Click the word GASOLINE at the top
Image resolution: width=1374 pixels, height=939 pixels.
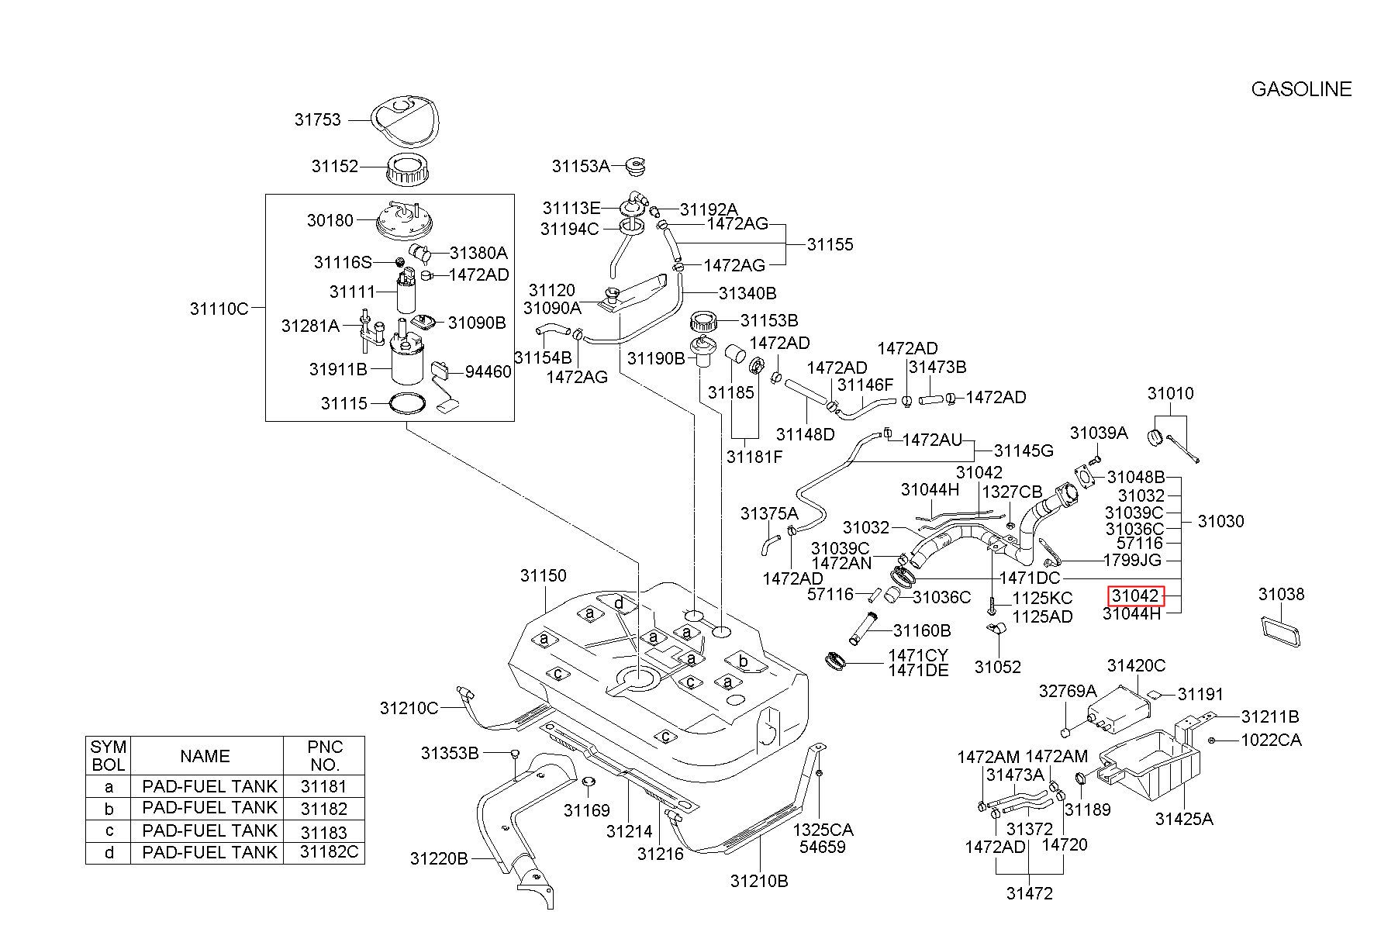coord(1301,89)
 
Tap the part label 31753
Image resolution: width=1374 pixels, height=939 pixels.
coord(317,119)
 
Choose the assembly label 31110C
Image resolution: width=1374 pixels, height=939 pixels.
coord(219,309)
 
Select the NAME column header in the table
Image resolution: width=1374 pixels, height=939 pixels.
coord(205,756)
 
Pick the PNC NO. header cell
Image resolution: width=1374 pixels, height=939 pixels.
coord(324,756)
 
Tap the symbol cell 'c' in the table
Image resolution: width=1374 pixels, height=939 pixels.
coord(109,830)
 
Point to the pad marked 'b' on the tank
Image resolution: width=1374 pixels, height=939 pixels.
coord(744,661)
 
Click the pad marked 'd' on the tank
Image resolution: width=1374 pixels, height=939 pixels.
coord(619,603)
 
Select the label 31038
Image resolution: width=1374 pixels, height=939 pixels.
coord(1281,594)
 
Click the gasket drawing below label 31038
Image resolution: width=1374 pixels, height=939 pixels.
coord(1280,630)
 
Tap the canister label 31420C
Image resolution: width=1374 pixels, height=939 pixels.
coord(1136,665)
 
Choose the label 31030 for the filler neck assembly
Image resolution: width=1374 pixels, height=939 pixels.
coord(1220,521)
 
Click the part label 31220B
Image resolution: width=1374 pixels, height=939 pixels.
coord(439,858)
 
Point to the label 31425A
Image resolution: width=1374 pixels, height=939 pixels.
coord(1184,818)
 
